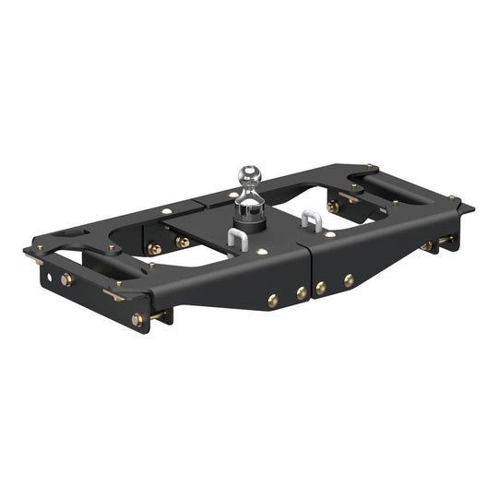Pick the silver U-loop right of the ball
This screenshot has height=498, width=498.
(x=311, y=222)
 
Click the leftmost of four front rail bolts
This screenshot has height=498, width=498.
(x=272, y=300)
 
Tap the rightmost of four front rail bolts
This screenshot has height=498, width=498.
(x=349, y=279)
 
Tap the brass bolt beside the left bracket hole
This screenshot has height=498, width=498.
(x=66, y=279)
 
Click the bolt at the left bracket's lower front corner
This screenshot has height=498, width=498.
(x=137, y=320)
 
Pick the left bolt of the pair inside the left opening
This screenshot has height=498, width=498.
(x=153, y=248)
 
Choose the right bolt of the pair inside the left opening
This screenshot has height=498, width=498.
(x=183, y=242)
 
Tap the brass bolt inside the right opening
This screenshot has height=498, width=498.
(x=333, y=207)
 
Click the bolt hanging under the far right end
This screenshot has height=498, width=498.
(x=430, y=245)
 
